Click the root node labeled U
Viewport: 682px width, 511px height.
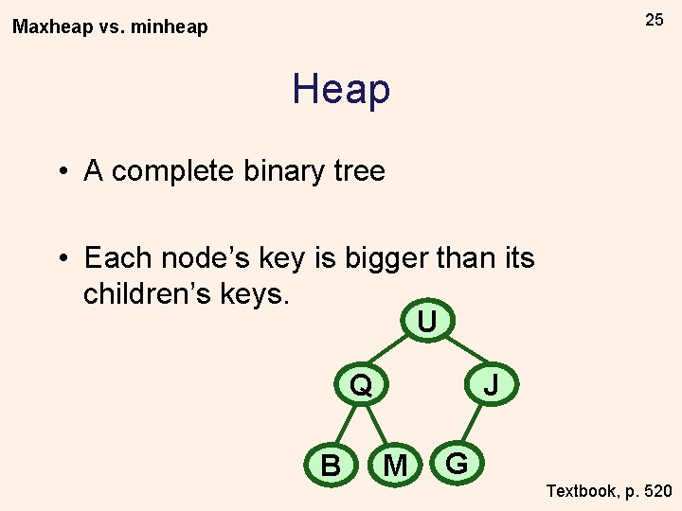tap(427, 322)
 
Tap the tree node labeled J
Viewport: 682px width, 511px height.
tap(491, 384)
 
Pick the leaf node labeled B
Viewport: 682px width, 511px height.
tap(331, 465)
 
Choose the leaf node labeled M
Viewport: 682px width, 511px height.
tap(395, 465)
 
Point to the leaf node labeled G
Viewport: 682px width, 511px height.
tap(457, 464)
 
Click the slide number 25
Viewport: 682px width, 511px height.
tap(655, 20)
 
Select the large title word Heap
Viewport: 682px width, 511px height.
tap(341, 89)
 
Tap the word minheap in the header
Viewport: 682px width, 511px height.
tap(169, 27)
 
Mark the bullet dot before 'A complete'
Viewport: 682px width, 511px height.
tap(61, 172)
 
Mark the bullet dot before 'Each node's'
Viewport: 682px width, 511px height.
tap(61, 257)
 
